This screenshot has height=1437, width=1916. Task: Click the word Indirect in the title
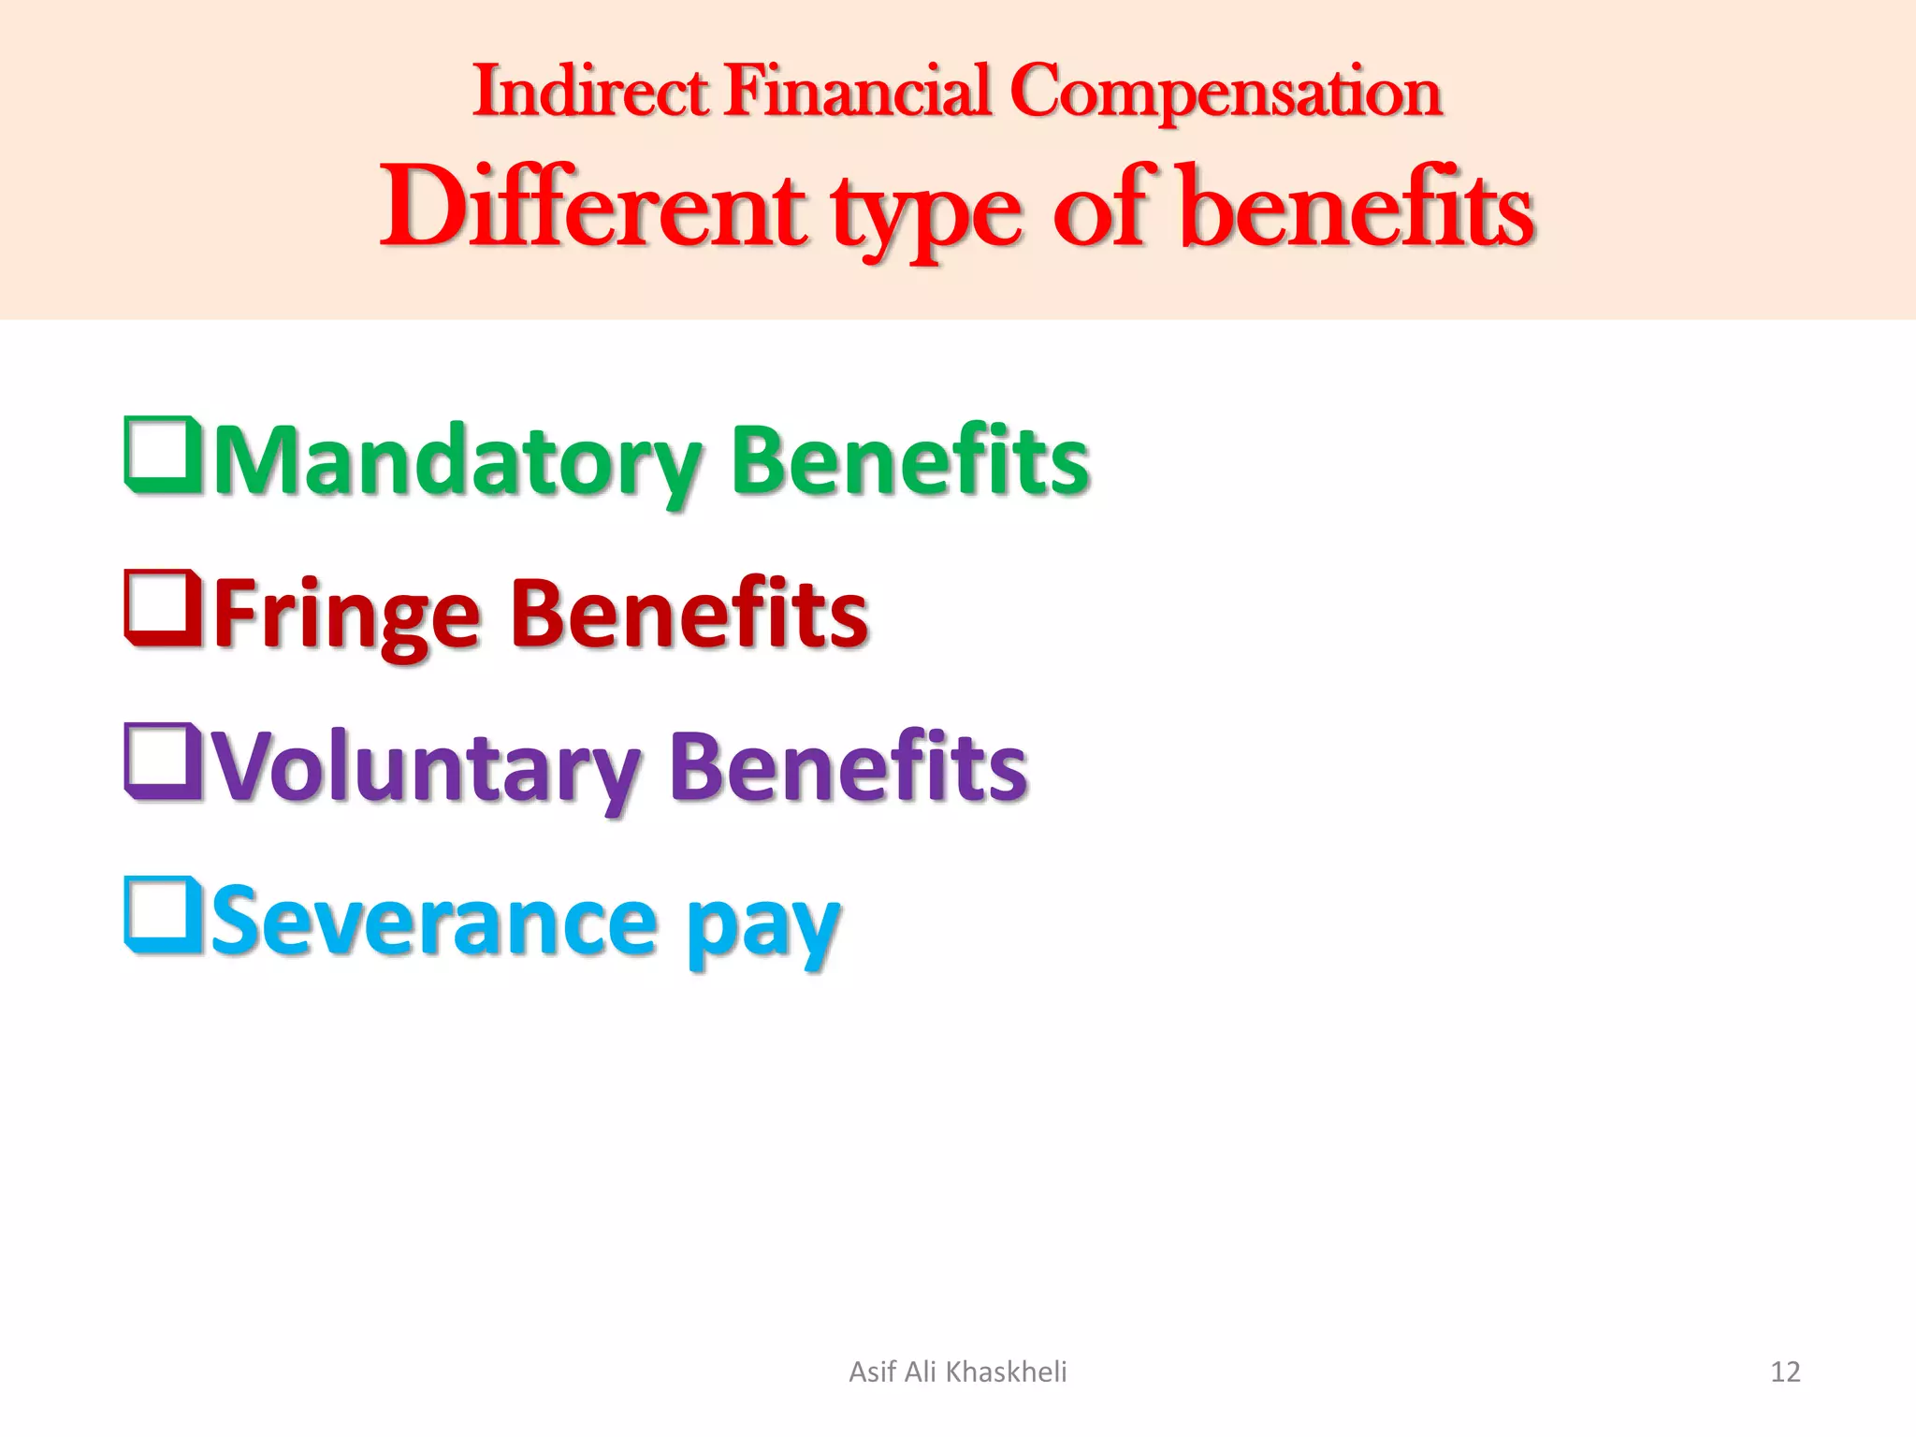tap(590, 92)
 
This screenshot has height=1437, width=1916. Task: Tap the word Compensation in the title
tap(1226, 94)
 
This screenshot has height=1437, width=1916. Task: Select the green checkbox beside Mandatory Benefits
tap(162, 455)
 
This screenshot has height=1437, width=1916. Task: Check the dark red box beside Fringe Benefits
tap(162, 608)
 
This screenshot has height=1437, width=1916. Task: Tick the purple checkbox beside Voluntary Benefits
tap(162, 762)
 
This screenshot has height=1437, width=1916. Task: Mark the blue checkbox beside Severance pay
tap(162, 915)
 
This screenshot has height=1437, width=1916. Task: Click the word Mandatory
tap(458, 460)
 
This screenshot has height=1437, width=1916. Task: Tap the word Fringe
tap(347, 614)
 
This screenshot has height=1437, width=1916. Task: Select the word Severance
tap(435, 921)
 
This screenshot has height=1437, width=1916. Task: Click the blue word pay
tap(762, 926)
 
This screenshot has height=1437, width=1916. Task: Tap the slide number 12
tap(1785, 1372)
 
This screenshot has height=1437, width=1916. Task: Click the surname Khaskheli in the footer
tap(1006, 1372)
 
